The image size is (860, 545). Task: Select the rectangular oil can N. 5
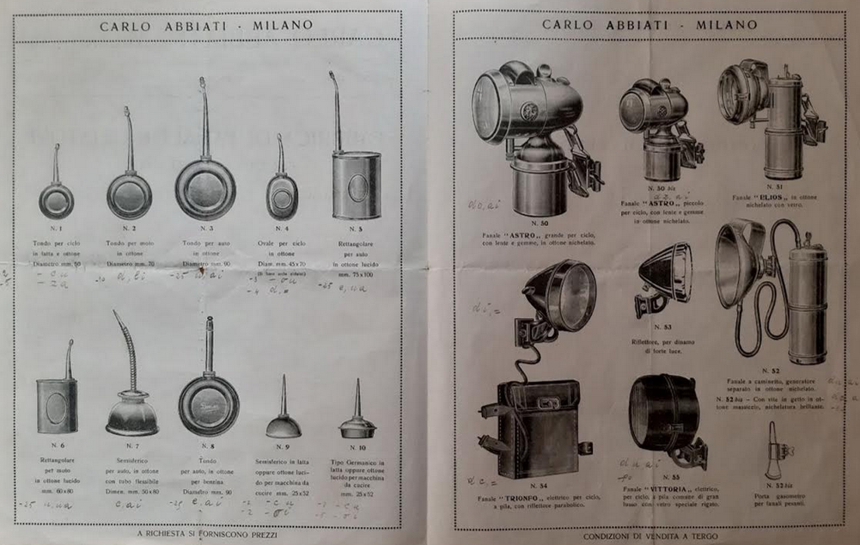pyautogui.click(x=356, y=182)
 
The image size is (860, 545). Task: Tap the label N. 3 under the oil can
pyautogui.click(x=206, y=229)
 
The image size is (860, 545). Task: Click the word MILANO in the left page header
pyautogui.click(x=283, y=26)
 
